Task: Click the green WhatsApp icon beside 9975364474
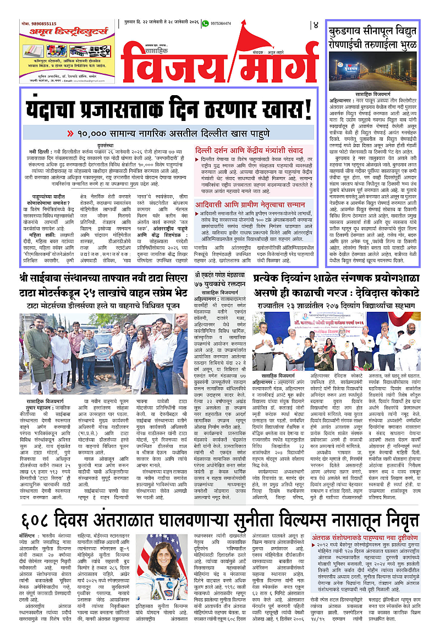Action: tap(205, 24)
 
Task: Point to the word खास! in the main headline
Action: tap(286, 100)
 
